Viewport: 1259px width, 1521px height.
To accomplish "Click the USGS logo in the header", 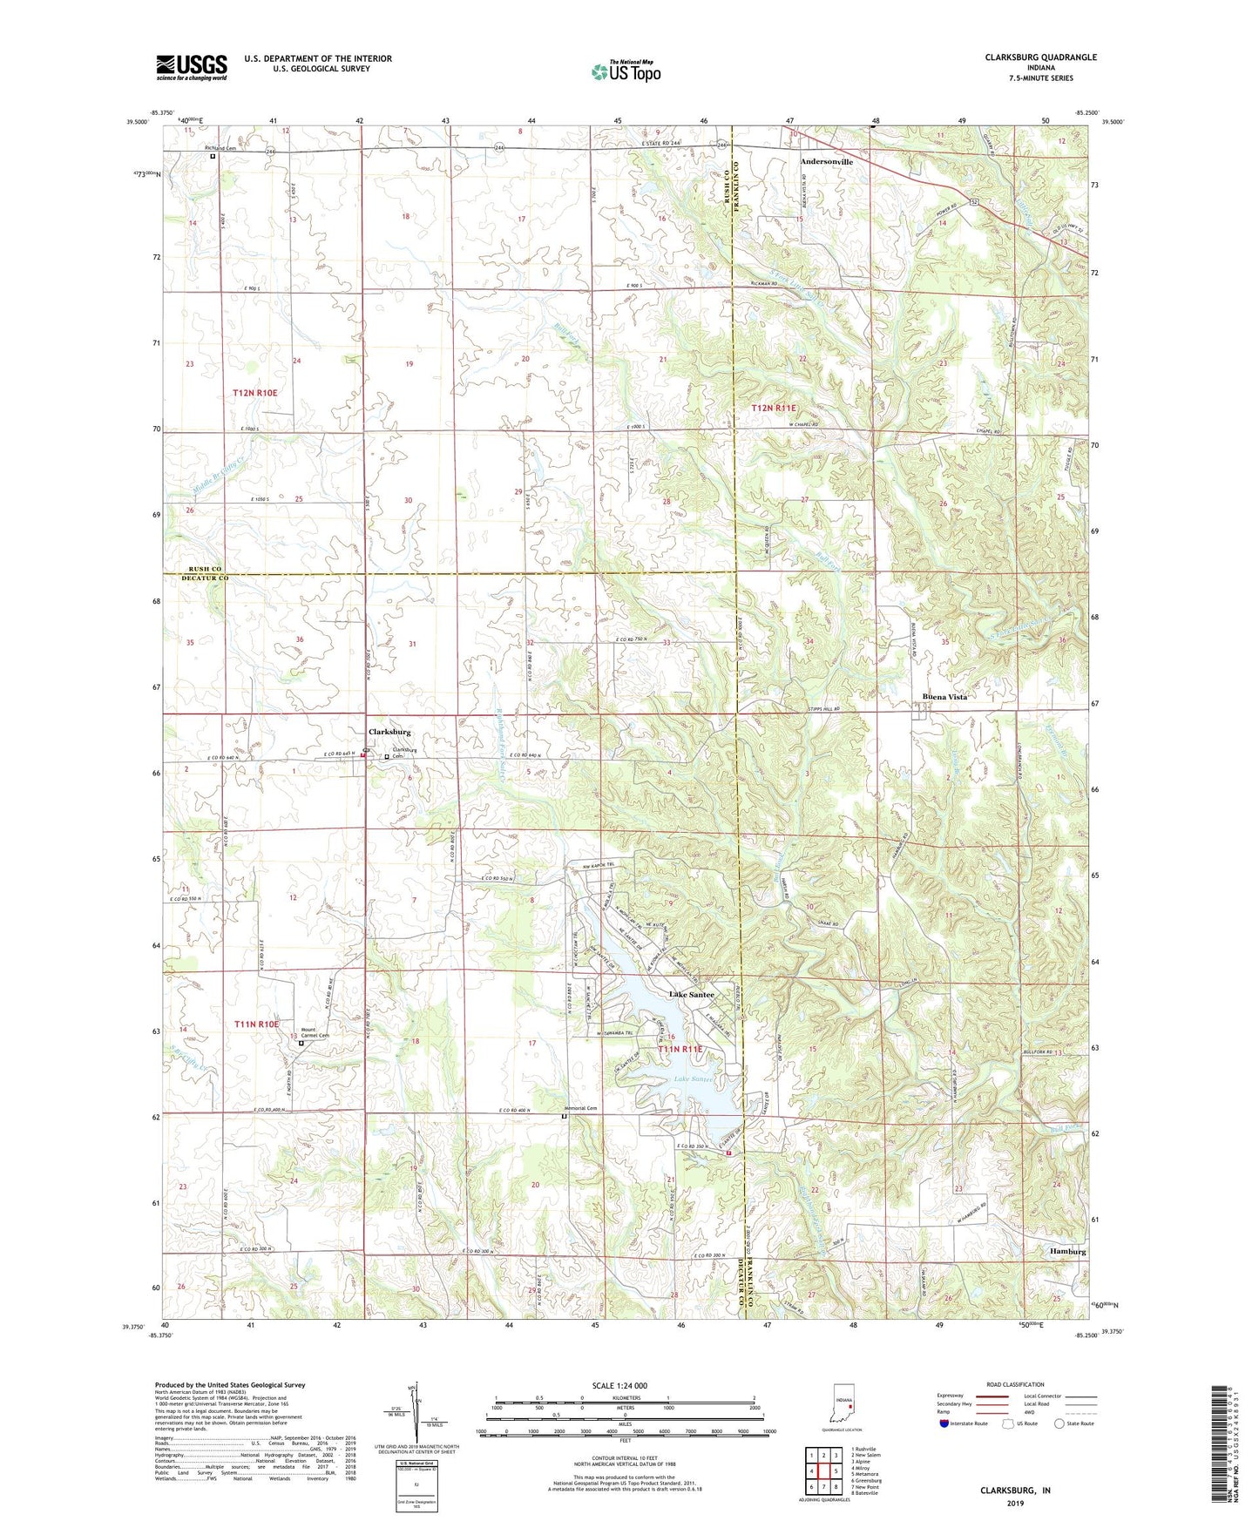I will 192,67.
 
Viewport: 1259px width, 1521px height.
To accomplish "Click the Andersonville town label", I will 826,162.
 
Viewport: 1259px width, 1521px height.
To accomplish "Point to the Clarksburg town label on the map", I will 389,732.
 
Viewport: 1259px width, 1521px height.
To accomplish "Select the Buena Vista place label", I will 944,697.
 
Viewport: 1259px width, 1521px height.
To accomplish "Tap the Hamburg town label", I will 1067,1251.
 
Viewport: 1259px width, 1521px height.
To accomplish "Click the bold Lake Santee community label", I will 691,994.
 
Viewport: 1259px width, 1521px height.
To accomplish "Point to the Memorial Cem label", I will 580,1108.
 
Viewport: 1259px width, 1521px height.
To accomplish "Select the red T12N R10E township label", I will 254,393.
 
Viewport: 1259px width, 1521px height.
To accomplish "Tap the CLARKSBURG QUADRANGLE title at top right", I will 1040,57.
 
